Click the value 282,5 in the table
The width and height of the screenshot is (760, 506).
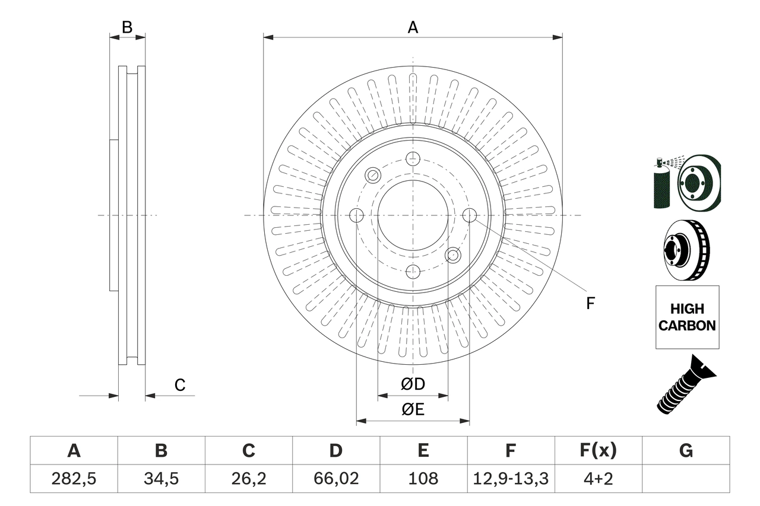pos(74,479)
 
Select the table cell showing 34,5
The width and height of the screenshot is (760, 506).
pos(161,479)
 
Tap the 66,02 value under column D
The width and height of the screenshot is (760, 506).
pos(335,479)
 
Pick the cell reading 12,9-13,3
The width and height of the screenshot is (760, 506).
pos(510,479)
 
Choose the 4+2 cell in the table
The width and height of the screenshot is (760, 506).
pos(598,479)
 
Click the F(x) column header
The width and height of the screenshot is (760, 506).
pos(598,451)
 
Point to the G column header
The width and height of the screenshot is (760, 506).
pos(686,451)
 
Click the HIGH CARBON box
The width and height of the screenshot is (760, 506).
pos(687,317)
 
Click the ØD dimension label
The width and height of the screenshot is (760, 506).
pos(413,384)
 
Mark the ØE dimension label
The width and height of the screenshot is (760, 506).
pos(413,410)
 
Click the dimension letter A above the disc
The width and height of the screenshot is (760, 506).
pos(413,27)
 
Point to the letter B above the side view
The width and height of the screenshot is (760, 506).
pos(127,27)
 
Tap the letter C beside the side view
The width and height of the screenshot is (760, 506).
pos(180,385)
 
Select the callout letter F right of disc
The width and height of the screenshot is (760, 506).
pos(590,304)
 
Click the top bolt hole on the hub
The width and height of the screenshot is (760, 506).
pos(413,158)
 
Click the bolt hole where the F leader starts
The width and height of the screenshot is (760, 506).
pos(469,215)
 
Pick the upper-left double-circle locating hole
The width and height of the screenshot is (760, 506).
pos(373,175)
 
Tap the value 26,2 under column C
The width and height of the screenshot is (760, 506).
pos(248,479)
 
